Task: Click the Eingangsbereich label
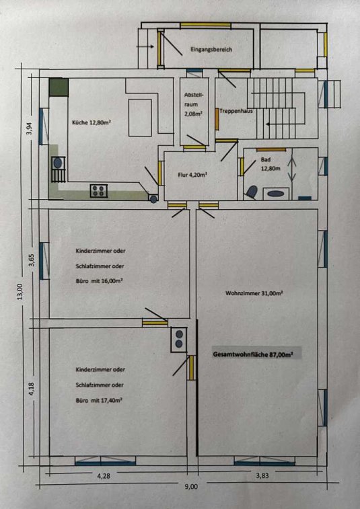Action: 211,50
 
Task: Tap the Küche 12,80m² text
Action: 92,122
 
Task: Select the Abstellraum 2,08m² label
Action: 194,104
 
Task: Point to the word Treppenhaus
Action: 236,111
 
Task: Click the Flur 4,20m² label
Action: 192,175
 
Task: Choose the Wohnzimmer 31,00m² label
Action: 254,293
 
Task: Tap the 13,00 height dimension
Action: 20,291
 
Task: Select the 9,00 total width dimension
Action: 192,487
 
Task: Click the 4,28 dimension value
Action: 104,476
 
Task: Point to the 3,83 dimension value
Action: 262,476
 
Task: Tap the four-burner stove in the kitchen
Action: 99,190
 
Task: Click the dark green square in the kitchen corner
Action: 59,87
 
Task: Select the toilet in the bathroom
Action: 251,192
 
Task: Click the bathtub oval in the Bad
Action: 276,194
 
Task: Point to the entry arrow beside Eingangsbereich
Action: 145,46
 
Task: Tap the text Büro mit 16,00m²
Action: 99,281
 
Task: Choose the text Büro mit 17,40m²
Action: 99,400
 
